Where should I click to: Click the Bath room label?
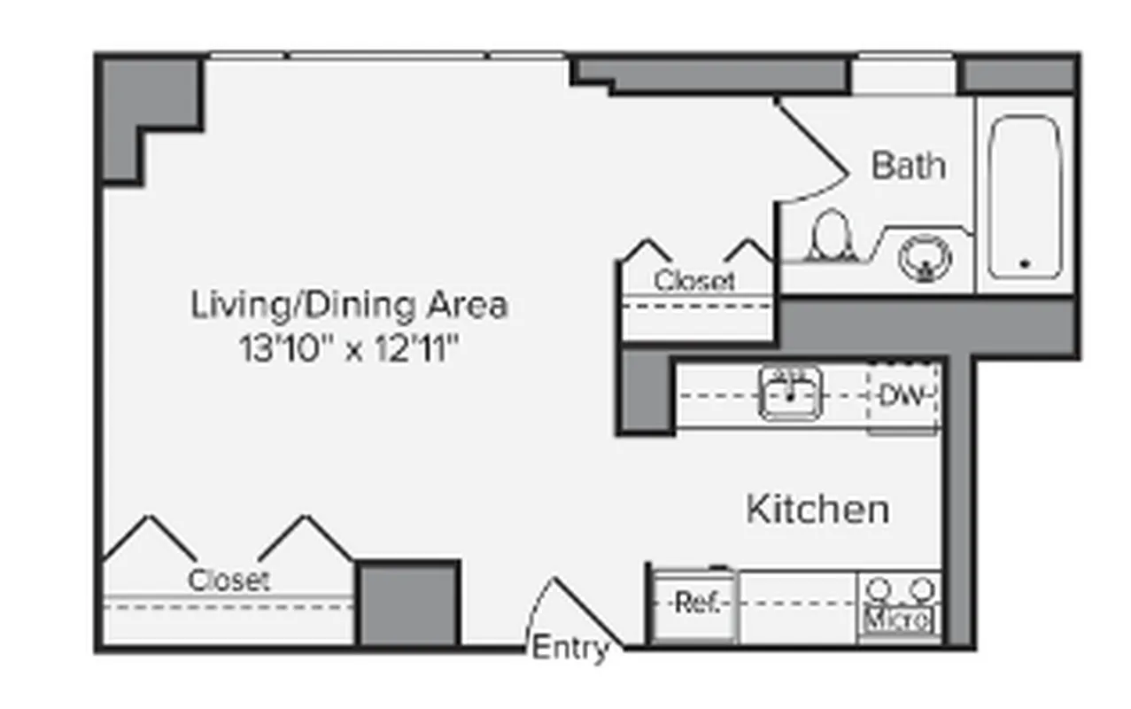(x=908, y=166)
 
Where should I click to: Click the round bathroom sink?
(x=925, y=258)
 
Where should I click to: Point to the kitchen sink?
(x=790, y=394)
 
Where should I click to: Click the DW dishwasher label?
(x=902, y=396)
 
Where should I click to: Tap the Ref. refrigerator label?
(x=694, y=604)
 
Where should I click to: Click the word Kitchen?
(x=817, y=510)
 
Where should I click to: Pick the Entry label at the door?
(x=569, y=649)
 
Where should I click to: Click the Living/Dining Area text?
(x=350, y=305)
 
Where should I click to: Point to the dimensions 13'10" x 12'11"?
(x=350, y=349)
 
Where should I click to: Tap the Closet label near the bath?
(x=694, y=281)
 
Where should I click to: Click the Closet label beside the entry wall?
(x=229, y=580)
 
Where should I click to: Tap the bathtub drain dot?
(x=1025, y=263)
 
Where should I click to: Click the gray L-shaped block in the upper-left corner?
(x=146, y=111)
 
